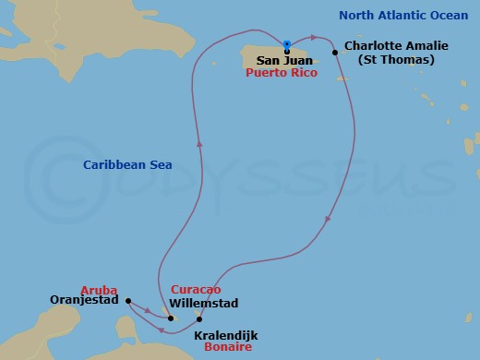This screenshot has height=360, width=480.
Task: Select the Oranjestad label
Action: (86, 301)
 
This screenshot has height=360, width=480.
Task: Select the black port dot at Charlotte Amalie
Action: (334, 53)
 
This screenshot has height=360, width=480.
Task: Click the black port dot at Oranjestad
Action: (127, 300)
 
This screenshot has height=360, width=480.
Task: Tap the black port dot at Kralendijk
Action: (198, 318)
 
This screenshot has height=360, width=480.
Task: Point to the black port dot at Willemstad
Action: (171, 318)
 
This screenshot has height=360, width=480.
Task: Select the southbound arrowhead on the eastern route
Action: (329, 220)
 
